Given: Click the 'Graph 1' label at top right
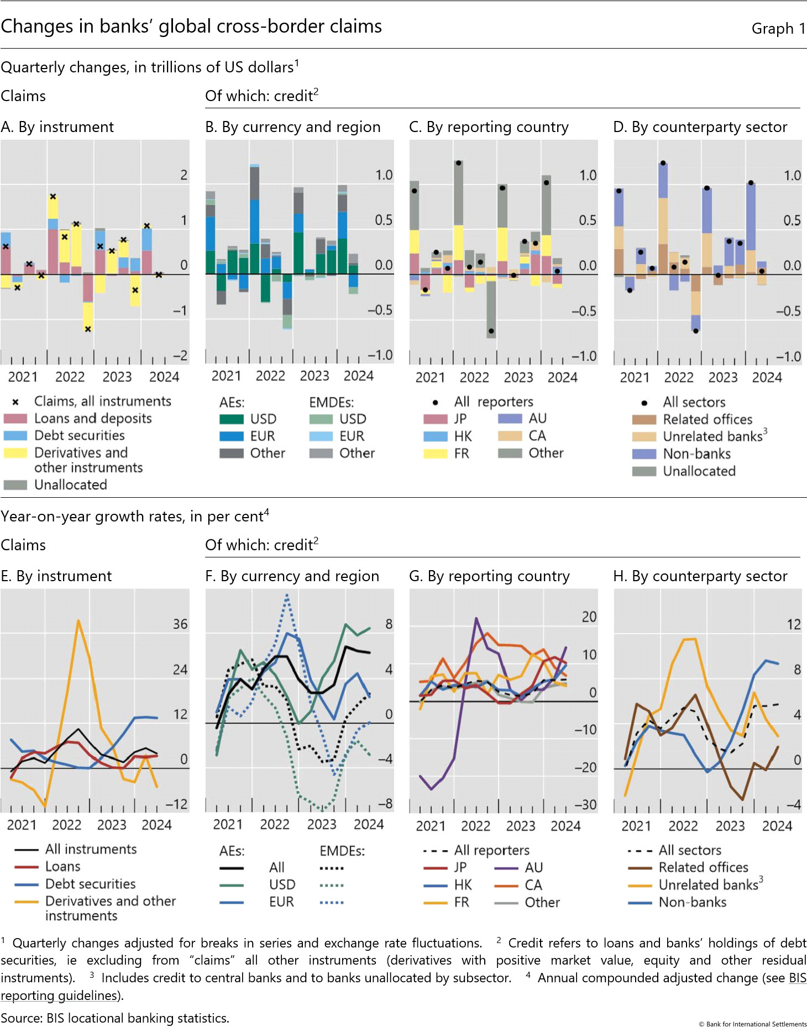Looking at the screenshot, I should click(x=778, y=29).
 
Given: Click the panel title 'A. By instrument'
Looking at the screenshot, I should click(x=57, y=127).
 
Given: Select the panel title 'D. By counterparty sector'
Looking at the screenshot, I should click(x=700, y=127).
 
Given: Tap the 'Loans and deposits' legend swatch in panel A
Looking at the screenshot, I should click(x=15, y=419).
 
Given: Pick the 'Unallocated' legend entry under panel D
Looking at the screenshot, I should click(x=699, y=471).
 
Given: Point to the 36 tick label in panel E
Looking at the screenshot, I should click(x=180, y=624).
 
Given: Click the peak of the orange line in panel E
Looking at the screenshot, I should click(x=78, y=620).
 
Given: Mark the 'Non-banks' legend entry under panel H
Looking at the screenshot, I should click(x=692, y=902).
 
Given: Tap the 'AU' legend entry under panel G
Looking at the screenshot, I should click(x=533, y=868).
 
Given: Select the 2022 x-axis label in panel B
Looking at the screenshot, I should click(x=270, y=376).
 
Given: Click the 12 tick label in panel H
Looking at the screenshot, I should click(x=794, y=625).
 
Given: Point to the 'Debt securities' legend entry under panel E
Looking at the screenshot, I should click(x=91, y=884).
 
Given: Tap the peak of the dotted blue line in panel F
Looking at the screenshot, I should click(x=287, y=595).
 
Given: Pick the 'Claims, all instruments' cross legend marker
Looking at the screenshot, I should click(x=15, y=402).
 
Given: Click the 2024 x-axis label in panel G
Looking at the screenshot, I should click(x=565, y=826).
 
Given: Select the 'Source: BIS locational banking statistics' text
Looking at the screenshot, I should click(x=115, y=1018).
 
